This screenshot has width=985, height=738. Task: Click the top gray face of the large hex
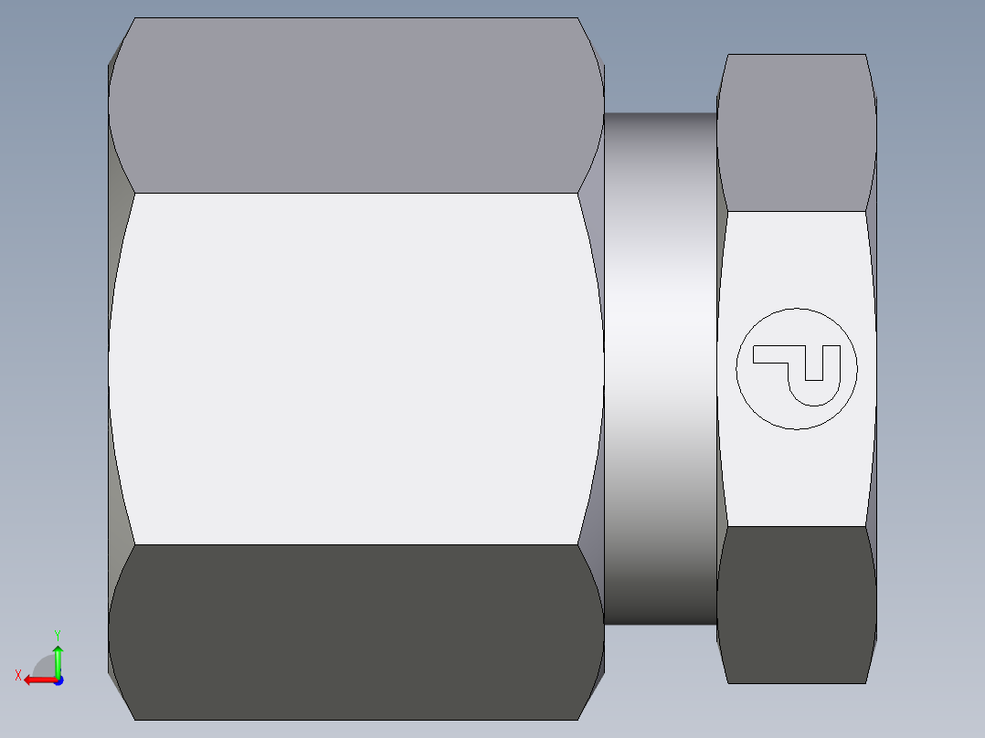click(x=356, y=105)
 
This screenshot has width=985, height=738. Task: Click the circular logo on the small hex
click(x=797, y=368)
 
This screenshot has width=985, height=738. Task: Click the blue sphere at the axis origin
click(x=58, y=680)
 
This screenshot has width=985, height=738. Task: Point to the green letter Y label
click(x=57, y=634)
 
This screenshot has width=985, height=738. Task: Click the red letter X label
click(x=17, y=676)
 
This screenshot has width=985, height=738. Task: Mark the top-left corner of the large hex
click(x=135, y=18)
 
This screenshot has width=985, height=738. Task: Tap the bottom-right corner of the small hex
click(x=865, y=682)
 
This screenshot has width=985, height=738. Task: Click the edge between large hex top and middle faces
click(x=356, y=193)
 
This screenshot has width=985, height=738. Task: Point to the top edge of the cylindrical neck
click(x=660, y=113)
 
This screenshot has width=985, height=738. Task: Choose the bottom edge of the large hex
click(x=356, y=720)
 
